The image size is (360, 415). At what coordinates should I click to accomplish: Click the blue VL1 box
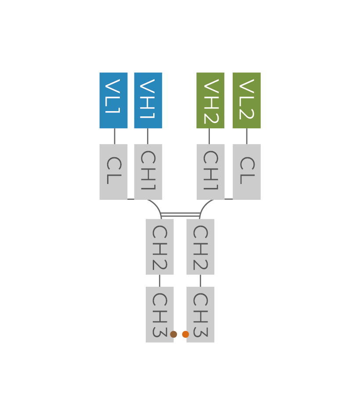113,101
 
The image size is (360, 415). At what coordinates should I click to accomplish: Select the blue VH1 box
148,101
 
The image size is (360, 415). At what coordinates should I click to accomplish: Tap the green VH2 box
210,101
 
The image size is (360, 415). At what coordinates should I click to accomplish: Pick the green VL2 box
247,101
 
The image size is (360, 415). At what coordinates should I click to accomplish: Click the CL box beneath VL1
113,172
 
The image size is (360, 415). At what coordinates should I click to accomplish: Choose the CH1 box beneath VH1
148,172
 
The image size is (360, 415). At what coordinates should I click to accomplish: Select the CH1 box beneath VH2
210,172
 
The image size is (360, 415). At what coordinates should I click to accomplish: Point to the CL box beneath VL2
247,172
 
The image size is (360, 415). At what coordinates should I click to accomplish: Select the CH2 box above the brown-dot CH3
160,247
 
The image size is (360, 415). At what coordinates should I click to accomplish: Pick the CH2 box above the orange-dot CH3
200,247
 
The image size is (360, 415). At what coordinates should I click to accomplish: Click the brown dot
173,334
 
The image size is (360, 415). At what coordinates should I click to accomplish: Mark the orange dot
185,334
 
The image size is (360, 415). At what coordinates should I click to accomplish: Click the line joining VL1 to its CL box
115,136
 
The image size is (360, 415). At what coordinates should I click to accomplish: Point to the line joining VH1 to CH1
148,136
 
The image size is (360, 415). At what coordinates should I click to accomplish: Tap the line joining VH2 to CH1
209,136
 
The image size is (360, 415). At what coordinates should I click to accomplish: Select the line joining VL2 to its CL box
247,136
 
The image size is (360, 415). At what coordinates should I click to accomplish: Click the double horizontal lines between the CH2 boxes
180,214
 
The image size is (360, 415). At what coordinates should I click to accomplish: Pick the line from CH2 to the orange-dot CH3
201,281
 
